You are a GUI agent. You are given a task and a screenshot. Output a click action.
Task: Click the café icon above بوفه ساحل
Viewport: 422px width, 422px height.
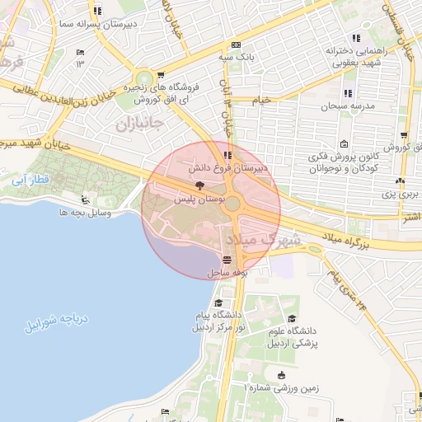[227, 259]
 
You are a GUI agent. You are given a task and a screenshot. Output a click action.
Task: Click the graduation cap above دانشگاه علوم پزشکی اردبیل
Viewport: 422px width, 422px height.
[291, 318]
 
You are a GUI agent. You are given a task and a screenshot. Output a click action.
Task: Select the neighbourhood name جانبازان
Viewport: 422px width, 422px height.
[136, 125]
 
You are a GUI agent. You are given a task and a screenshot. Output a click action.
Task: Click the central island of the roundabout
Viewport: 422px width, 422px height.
[233, 204]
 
